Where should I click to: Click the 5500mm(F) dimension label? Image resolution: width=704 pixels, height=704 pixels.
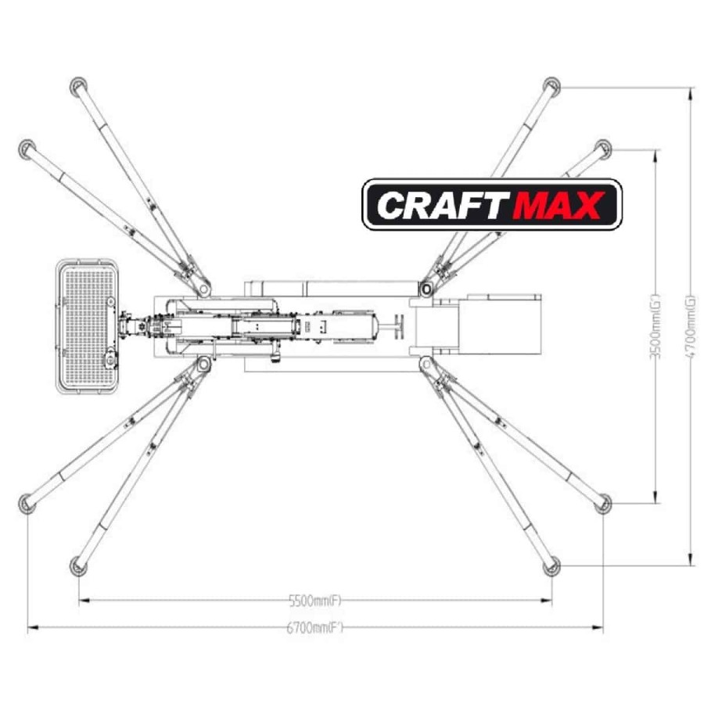[x=314, y=600]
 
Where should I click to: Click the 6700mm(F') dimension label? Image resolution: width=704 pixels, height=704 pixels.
[x=314, y=627]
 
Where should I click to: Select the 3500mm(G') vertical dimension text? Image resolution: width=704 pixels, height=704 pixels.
[x=656, y=327]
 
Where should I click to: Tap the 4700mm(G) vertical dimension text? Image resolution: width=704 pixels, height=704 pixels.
[x=691, y=326]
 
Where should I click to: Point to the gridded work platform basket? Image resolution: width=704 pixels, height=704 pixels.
[x=87, y=326]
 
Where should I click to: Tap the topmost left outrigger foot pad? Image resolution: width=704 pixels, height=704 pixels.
[x=78, y=86]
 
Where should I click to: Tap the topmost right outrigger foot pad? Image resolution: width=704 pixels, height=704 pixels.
[x=551, y=86]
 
